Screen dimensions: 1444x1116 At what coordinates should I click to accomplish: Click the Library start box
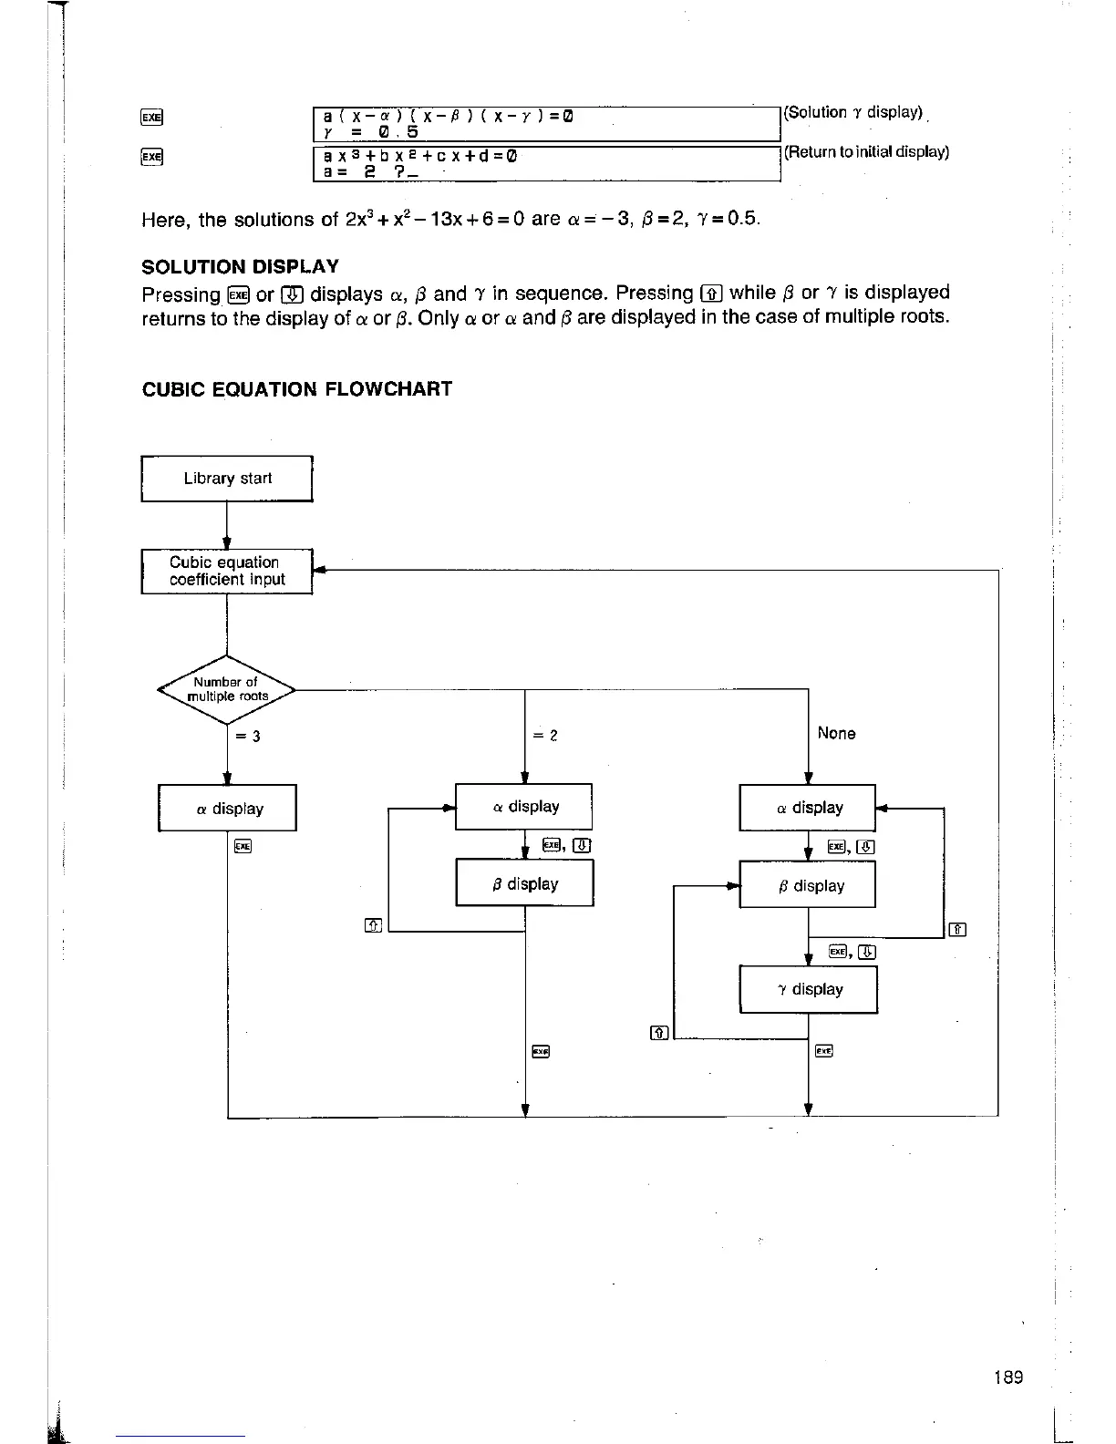[227, 479]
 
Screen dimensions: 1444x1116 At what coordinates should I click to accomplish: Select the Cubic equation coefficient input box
[227, 572]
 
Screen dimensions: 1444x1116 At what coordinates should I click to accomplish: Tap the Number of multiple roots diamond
[226, 690]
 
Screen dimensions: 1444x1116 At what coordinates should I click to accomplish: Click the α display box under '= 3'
[228, 809]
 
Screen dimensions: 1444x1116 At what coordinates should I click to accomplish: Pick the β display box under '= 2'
[524, 883]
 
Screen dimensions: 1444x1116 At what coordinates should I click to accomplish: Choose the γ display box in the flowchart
[809, 990]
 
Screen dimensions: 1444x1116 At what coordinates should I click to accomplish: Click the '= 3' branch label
[248, 737]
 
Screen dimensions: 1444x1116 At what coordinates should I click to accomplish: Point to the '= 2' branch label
[545, 736]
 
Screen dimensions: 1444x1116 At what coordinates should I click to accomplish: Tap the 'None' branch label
[836, 734]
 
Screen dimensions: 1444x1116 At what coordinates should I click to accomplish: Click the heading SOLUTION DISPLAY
[241, 267]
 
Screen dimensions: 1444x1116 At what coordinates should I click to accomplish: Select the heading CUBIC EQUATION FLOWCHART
[297, 389]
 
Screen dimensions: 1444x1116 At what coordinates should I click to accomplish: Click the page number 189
[1008, 1377]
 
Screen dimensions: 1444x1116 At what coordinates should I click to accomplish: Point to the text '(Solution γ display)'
[853, 113]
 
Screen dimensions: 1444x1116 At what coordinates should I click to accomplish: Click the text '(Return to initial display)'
[866, 152]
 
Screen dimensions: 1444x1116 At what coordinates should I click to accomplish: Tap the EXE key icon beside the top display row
[151, 117]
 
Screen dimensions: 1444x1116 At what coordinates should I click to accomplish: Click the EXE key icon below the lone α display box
[242, 847]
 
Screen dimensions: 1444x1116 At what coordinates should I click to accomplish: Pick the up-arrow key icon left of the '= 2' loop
[372, 926]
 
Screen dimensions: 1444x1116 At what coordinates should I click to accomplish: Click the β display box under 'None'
[808, 886]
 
